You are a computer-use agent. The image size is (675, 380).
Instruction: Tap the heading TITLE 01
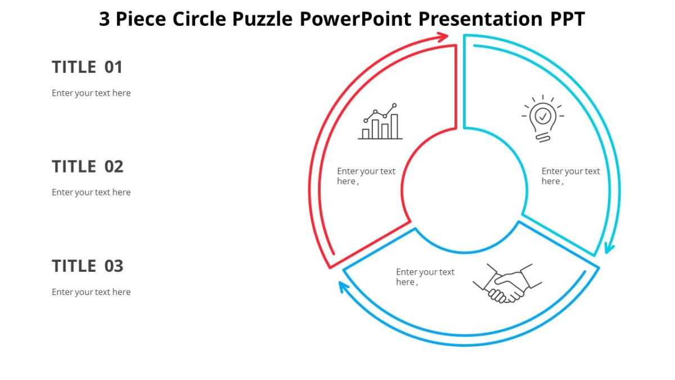87,68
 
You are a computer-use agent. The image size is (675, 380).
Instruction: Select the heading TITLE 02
87,167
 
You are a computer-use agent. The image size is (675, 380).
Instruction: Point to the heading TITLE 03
87,266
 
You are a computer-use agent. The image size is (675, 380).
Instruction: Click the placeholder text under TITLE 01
91,93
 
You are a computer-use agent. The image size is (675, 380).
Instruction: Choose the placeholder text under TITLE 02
91,192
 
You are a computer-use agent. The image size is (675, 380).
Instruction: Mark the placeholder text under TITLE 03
91,292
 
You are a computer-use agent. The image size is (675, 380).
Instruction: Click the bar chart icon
380,122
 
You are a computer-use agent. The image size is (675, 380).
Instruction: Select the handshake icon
507,284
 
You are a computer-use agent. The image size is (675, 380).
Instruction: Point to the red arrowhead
443,37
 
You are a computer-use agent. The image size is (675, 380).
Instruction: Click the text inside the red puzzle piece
366,176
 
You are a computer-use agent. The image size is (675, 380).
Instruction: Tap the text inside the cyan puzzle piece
570,176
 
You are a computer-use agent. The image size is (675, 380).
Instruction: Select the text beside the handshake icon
425,277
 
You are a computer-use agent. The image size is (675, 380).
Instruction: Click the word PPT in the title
567,19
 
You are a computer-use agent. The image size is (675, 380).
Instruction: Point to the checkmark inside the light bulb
543,116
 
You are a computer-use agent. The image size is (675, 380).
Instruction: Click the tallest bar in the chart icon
394,126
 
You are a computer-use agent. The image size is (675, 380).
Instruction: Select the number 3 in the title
105,19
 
